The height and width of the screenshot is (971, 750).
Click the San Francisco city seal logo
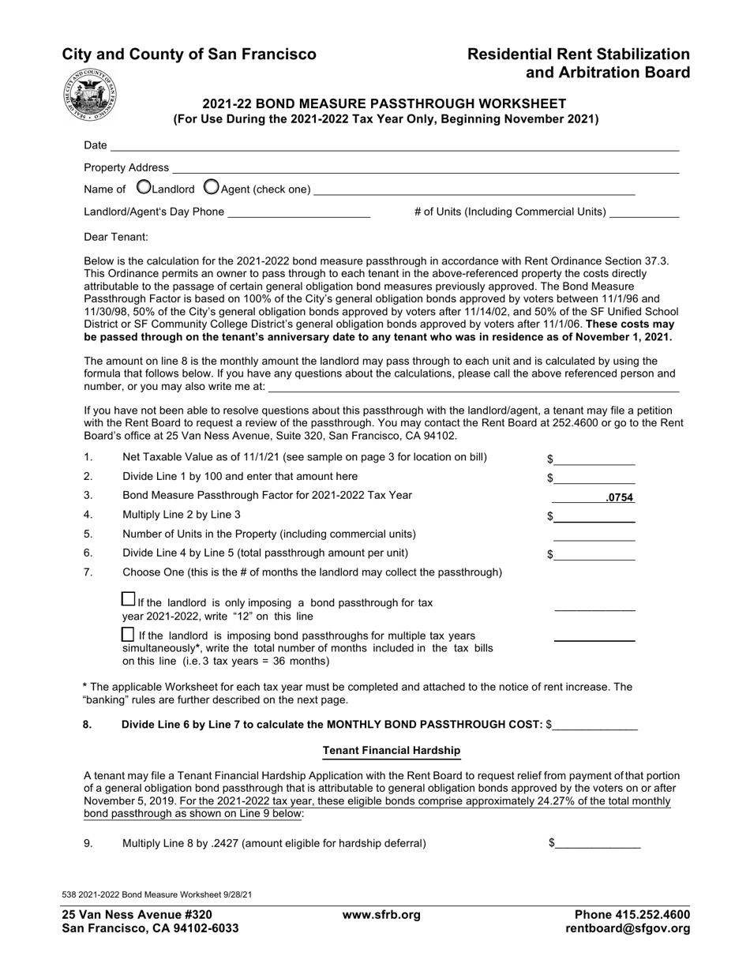[x=89, y=94]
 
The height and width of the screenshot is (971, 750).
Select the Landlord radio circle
[x=144, y=187]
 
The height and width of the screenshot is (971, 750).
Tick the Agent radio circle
[x=212, y=187]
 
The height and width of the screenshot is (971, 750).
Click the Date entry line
[x=395, y=145]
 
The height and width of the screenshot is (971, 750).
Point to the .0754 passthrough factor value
[x=619, y=498]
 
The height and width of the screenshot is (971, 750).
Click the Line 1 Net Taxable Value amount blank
[x=594, y=459]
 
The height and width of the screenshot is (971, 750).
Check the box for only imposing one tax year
[x=128, y=599]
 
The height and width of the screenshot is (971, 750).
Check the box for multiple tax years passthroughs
[x=128, y=634]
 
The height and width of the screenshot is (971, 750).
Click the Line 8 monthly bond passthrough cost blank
[x=594, y=725]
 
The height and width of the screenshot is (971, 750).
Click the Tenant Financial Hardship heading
[x=392, y=750]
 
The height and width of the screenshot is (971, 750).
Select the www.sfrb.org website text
[x=381, y=915]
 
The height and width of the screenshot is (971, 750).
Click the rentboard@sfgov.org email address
[x=628, y=929]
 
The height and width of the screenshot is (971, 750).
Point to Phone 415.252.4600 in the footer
[x=632, y=915]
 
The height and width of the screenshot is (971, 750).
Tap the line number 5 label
[x=88, y=534]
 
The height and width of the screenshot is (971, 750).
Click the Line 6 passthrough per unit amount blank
[x=594, y=554]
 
